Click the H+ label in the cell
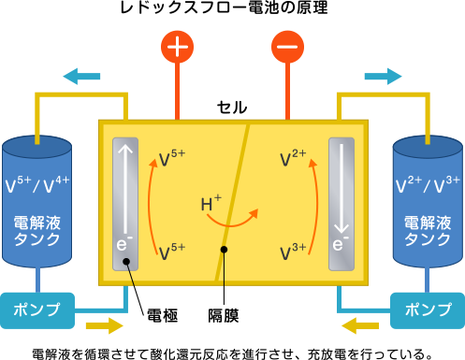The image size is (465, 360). (x=211, y=203)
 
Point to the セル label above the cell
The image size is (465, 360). (x=232, y=107)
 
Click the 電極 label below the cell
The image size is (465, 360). (x=164, y=315)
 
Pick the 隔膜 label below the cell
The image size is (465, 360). (x=223, y=315)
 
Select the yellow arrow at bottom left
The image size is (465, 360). (x=103, y=325)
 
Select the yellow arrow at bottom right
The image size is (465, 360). (x=361, y=325)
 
